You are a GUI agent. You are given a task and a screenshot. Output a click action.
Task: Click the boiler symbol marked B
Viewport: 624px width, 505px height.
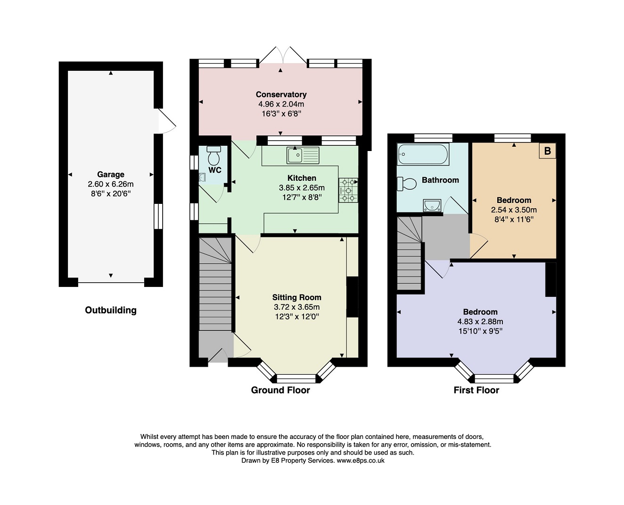547,151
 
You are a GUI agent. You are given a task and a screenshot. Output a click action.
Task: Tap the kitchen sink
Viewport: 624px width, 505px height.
303,155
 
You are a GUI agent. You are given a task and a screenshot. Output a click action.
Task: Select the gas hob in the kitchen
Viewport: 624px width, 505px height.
348,190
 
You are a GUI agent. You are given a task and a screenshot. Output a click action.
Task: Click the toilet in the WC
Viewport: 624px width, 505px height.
213,155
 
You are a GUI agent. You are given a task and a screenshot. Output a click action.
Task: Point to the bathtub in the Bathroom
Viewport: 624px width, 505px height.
423,154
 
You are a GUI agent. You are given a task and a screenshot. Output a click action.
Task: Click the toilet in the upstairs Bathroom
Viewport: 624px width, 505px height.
407,184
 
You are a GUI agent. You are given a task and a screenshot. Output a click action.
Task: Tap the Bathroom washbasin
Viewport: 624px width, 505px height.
432,205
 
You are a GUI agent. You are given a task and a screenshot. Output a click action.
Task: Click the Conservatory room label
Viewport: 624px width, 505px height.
281,94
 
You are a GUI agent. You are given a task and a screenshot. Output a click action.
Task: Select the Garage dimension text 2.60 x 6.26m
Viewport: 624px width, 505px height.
111,184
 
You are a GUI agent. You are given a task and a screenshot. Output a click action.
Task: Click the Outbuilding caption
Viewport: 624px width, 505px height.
111,310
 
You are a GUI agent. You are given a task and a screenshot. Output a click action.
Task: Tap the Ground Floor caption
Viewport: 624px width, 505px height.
280,390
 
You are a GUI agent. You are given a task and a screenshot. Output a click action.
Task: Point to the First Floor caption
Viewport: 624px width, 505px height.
476,390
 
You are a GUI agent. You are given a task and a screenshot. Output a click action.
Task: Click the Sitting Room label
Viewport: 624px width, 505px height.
297,297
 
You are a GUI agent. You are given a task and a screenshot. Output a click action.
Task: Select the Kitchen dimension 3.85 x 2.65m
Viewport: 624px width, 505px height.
302,188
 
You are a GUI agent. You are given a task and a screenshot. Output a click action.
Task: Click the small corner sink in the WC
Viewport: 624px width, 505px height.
202,177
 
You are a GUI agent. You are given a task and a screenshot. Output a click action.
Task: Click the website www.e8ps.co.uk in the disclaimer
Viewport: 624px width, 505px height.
361,461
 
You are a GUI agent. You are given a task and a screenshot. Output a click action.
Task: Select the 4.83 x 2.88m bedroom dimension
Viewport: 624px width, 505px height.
480,321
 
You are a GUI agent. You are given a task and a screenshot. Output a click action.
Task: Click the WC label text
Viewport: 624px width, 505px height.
215,170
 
